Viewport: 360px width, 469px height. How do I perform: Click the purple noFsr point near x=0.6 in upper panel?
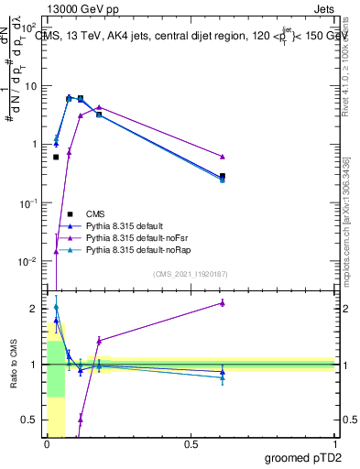pyautogui.click(x=223, y=157)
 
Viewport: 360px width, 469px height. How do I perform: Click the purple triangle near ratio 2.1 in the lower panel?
pyautogui.click(x=223, y=302)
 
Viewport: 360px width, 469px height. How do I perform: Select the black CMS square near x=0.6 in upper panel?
pyautogui.click(x=223, y=176)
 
